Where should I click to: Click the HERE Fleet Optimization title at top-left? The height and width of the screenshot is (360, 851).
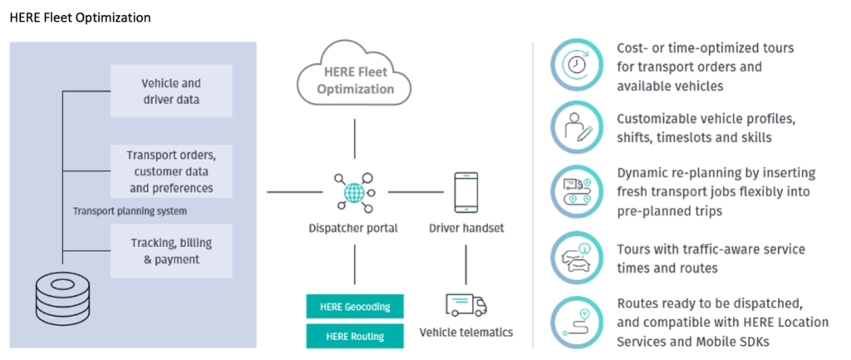coord(80,17)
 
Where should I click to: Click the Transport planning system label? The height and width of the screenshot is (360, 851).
coord(129,211)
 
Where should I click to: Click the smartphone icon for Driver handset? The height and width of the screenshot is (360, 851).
coord(465,192)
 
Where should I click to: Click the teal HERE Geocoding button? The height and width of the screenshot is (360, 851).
coord(356,306)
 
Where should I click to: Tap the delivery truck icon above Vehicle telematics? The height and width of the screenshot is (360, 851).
coord(465,304)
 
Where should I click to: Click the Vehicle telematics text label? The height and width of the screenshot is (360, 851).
coord(465,333)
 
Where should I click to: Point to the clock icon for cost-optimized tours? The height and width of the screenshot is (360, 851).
coord(577,64)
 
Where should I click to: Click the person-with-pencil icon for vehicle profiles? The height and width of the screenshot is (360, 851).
coord(577,126)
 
